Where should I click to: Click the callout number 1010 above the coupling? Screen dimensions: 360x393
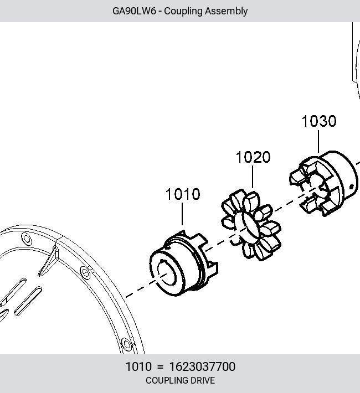tap(183, 194)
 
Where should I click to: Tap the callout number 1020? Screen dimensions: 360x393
tap(253, 157)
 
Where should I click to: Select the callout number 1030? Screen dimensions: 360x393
tap(319, 121)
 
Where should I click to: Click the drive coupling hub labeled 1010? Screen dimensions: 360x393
tap(184, 263)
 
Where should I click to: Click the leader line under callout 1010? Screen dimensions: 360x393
tap(182, 214)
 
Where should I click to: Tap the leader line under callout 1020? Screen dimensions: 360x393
tap(253, 177)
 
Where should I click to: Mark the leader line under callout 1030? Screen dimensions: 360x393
tap(318, 141)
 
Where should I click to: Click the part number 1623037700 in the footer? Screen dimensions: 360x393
tap(203, 366)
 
